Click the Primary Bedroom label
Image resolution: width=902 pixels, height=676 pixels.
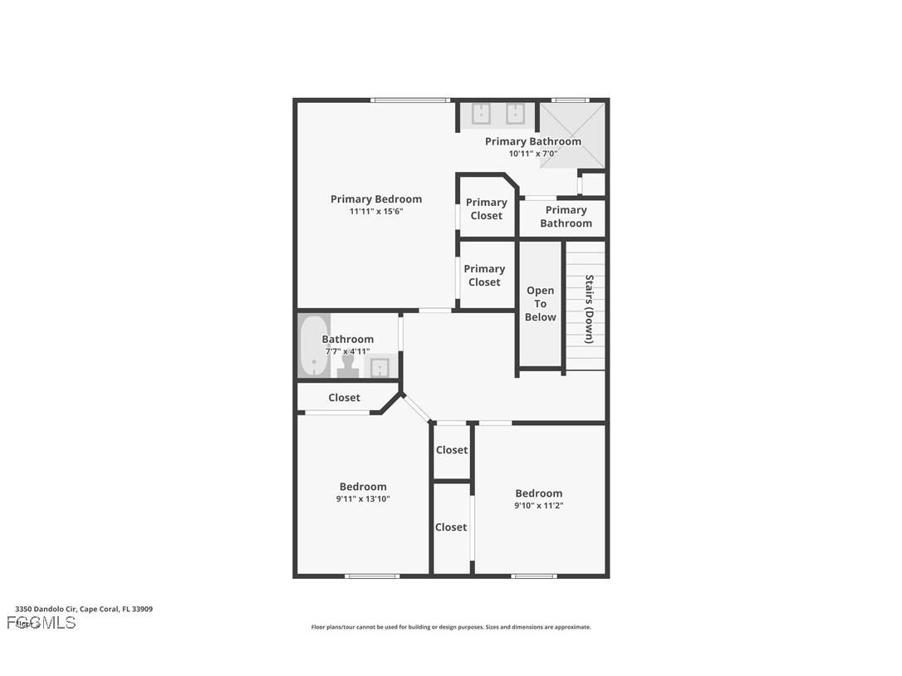[375, 199]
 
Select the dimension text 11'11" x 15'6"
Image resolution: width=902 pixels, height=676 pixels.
[375, 212]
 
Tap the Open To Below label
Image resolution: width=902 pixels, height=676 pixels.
[540, 304]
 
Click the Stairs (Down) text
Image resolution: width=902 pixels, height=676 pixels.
[589, 309]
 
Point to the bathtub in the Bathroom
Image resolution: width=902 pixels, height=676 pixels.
[314, 345]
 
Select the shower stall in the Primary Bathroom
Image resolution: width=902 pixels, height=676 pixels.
[573, 135]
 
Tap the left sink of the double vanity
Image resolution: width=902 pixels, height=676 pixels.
[481, 114]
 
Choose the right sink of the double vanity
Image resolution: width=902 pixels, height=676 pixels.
[515, 114]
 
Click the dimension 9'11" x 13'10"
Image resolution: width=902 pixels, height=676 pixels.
[363, 499]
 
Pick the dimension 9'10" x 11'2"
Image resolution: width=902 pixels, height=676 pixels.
[538, 506]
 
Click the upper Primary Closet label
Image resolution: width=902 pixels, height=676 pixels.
[486, 208]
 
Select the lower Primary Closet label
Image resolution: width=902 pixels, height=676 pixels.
[484, 275]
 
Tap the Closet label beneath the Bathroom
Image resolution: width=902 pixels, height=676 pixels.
[344, 398]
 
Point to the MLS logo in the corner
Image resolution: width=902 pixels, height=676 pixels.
[42, 622]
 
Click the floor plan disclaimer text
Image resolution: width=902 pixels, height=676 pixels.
[451, 627]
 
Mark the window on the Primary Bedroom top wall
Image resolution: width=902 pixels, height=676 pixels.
[410, 100]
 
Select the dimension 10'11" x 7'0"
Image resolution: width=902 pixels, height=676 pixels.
[532, 154]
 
